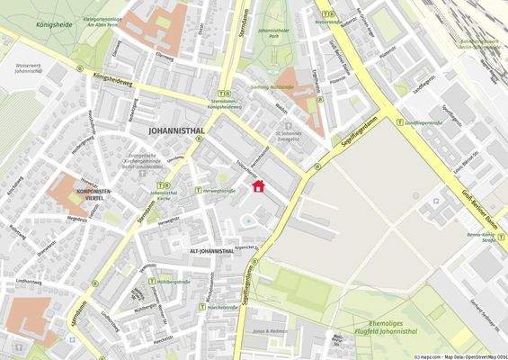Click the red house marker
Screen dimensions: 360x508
(259, 186)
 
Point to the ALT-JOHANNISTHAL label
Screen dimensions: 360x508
(211, 251)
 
